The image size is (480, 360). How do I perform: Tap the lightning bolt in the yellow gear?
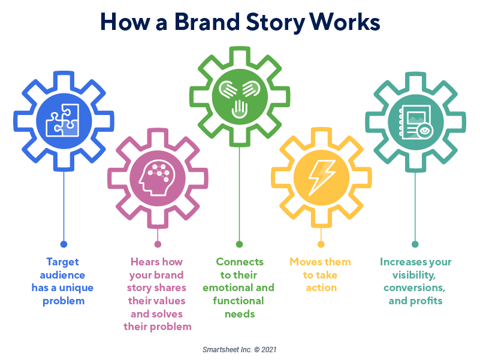[x=321, y=177]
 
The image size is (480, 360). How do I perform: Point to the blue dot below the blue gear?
[x=64, y=244]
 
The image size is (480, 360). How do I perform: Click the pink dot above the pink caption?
[x=158, y=244]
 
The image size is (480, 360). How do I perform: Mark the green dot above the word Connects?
[x=240, y=244]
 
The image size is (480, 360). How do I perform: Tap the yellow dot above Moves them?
[x=321, y=244]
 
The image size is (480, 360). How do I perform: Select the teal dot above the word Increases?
[x=415, y=244]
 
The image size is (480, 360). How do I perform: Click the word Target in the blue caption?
[x=63, y=262]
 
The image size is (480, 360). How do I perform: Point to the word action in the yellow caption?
[x=321, y=288]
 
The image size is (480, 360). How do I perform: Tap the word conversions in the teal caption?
[x=415, y=288]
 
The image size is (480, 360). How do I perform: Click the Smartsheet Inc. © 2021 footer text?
[x=240, y=349]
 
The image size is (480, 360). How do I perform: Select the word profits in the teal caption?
[x=426, y=301]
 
